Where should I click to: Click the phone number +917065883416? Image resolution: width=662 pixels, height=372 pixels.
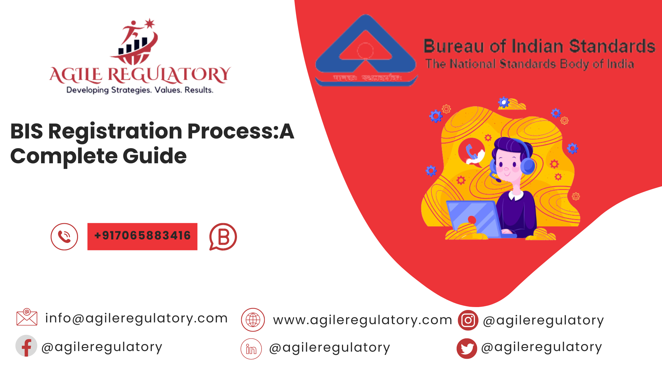click(142, 236)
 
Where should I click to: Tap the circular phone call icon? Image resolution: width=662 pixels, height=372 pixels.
click(64, 236)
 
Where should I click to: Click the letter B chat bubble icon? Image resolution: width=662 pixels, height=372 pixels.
click(223, 237)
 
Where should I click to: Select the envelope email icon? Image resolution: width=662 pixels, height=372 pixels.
click(27, 317)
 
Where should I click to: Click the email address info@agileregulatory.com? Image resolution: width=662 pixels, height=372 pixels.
click(136, 318)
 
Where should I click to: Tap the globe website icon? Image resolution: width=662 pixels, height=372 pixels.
click(253, 320)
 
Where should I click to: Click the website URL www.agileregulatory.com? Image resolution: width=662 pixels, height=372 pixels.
click(362, 320)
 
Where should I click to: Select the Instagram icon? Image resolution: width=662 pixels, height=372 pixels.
click(468, 320)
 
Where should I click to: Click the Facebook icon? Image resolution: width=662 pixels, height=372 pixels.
click(26, 346)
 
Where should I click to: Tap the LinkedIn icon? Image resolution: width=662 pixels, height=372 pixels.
click(251, 349)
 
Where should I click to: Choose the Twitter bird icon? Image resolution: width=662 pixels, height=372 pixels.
click(467, 348)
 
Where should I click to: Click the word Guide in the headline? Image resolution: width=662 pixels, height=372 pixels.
click(155, 156)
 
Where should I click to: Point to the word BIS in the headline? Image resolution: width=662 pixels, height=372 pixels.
click(27, 131)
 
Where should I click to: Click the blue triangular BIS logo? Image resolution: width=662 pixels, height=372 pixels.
click(366, 50)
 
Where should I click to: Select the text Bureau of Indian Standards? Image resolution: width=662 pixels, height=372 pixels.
click(539, 46)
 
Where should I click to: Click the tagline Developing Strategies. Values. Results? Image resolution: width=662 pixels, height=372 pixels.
click(140, 90)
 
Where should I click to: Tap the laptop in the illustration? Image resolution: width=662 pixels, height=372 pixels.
click(473, 218)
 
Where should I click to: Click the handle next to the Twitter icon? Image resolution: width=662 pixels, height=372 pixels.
click(541, 347)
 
